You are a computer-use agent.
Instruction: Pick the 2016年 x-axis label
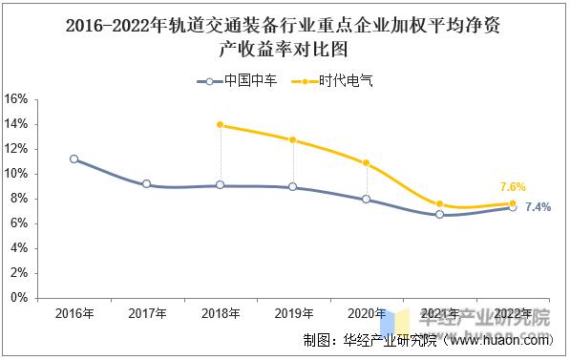(74, 314)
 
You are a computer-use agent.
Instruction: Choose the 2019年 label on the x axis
(293, 314)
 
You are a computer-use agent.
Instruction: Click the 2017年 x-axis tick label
(147, 314)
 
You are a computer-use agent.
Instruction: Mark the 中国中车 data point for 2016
(74, 159)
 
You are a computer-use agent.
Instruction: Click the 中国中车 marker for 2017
(147, 183)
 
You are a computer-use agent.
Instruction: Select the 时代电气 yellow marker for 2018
(221, 125)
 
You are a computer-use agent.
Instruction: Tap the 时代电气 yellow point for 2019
(293, 140)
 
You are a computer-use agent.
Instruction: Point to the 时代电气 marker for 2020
(366, 163)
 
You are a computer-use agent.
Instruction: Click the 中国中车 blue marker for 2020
(366, 200)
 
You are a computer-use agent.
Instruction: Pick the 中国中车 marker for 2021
(439, 215)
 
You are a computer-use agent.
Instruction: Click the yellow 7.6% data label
(513, 187)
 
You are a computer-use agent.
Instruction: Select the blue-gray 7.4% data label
(538, 207)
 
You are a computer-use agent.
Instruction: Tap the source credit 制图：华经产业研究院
(426, 339)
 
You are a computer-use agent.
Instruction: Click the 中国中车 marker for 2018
(221, 185)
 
